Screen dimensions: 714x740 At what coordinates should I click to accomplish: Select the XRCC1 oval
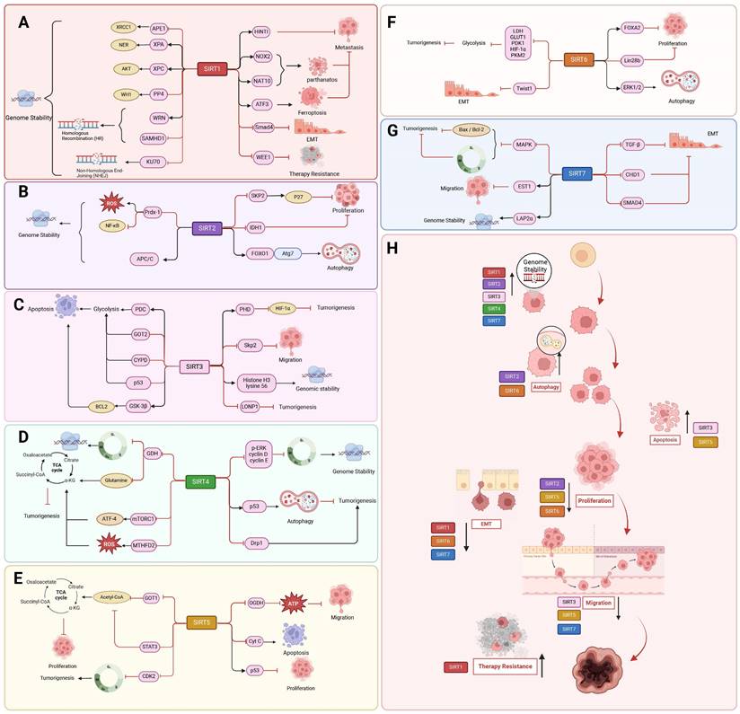(x=123, y=28)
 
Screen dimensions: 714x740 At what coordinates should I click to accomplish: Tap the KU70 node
(x=163, y=161)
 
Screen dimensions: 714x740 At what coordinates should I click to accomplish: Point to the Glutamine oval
(x=122, y=480)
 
